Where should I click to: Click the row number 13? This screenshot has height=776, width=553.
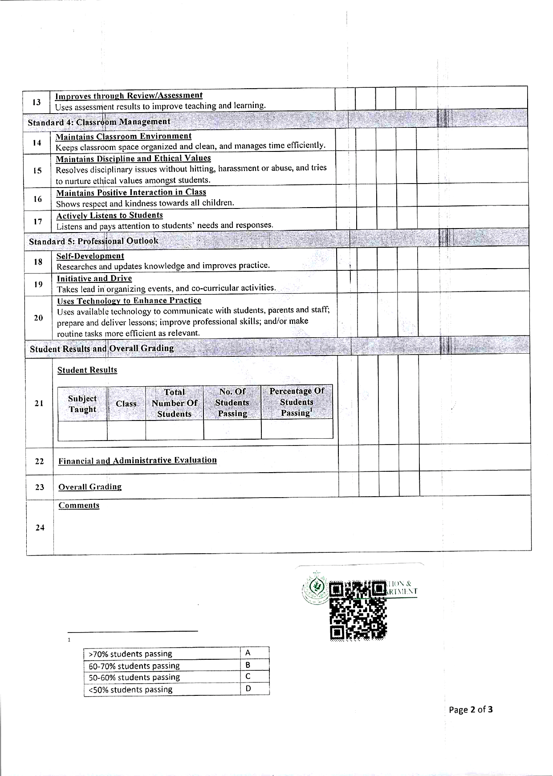pyautogui.click(x=37, y=102)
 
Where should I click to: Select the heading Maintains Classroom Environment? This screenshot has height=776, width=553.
pyautogui.click(x=123, y=136)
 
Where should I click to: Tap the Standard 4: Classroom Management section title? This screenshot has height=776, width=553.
pyautogui.click(x=99, y=122)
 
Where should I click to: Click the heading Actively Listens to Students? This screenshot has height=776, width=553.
pyautogui.click(x=110, y=216)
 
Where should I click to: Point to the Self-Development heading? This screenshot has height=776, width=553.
pyautogui.click(x=90, y=256)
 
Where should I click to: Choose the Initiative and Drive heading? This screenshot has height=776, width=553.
pyautogui.click(x=94, y=278)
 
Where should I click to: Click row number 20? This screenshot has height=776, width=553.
pyautogui.click(x=38, y=318)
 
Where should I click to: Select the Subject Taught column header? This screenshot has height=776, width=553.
pyautogui.click(x=82, y=404)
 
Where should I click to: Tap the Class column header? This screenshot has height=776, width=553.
pyautogui.click(x=126, y=404)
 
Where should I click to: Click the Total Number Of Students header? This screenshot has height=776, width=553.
pyautogui.click(x=174, y=403)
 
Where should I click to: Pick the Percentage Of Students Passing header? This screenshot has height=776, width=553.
pyautogui.click(x=297, y=402)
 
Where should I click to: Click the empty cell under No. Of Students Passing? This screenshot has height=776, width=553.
pyautogui.click(x=232, y=429)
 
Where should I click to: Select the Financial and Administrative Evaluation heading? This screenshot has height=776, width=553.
pyautogui.click(x=138, y=460)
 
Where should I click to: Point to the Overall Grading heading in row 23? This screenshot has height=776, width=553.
pyautogui.click(x=90, y=487)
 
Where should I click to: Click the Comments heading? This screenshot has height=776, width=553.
pyautogui.click(x=79, y=506)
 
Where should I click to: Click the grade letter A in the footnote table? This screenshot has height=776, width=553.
pyautogui.click(x=248, y=653)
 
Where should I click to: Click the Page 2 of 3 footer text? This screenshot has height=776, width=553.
pyautogui.click(x=471, y=710)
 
